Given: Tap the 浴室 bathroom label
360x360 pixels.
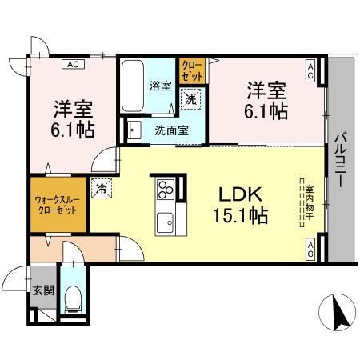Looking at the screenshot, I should pyautogui.click(x=160, y=86).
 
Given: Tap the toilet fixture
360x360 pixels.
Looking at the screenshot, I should pyautogui.click(x=73, y=298).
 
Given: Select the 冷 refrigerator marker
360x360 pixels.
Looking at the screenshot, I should pyautogui.click(x=102, y=189).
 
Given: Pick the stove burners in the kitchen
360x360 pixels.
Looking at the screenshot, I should pyautogui.click(x=166, y=189).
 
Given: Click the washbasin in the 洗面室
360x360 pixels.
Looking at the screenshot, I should pyautogui.click(x=134, y=130).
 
